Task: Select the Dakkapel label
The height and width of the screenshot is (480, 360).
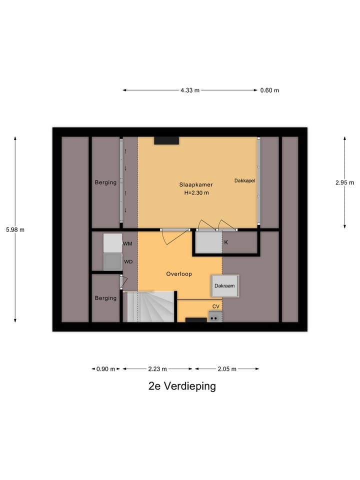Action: pyautogui.click(x=244, y=180)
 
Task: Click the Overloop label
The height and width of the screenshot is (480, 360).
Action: pyautogui.click(x=179, y=274)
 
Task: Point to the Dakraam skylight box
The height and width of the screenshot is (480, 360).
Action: pyautogui.click(x=224, y=286)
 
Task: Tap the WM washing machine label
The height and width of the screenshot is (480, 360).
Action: pyautogui.click(x=127, y=244)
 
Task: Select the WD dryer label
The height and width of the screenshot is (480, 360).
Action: pyautogui.click(x=128, y=261)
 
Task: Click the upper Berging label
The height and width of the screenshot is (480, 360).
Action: pyautogui.click(x=105, y=182)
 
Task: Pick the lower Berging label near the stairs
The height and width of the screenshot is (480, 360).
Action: pyautogui.click(x=105, y=298)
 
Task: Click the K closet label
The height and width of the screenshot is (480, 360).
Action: pyautogui.click(x=226, y=242)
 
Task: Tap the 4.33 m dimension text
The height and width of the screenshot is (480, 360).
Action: pyautogui.click(x=190, y=90)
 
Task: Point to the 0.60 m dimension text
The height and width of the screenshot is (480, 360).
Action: pyautogui.click(x=269, y=90)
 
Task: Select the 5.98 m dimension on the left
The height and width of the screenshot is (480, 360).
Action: pyautogui.click(x=15, y=229)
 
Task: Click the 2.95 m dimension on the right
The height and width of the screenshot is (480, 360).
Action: pyautogui.click(x=344, y=182)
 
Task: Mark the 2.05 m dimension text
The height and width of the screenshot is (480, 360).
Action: pyautogui.click(x=227, y=369)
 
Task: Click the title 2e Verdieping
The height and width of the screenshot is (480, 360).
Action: pyautogui.click(x=182, y=386)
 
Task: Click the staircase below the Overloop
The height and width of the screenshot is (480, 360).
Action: pyautogui.click(x=150, y=306)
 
